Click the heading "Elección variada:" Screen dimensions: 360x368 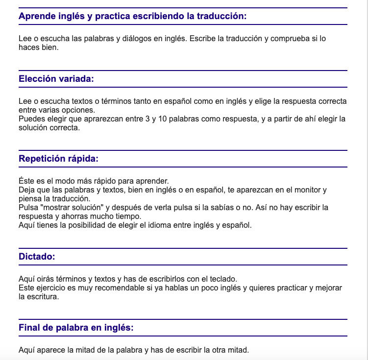56,79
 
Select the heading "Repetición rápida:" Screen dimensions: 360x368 58,159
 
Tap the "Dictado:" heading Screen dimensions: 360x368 37,256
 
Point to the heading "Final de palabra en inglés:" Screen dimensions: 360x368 76,328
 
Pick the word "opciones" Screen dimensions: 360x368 76,110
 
